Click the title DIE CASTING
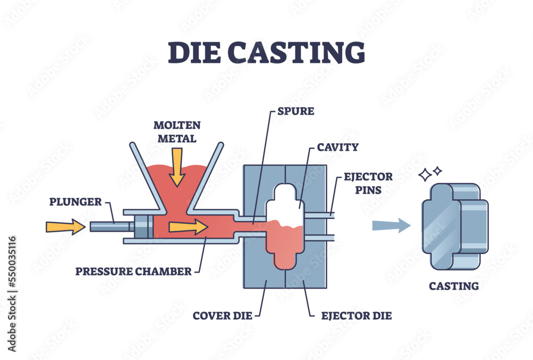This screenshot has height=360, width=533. tap(266, 53)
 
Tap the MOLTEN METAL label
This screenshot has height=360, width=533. tap(177, 132)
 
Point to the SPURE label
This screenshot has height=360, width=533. tap(296, 112)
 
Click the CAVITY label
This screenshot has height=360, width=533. tap(337, 146)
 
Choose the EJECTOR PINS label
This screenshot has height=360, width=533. tap(368, 182)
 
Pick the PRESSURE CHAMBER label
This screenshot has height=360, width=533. tap(133, 271)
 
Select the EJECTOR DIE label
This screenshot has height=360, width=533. tap(357, 316)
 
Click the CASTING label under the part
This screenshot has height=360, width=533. tap(454, 286)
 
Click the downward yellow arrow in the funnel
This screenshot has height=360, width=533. tap(177, 166)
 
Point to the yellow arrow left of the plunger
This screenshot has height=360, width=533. tap(65, 227)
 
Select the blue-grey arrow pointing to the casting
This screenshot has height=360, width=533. tap(391, 226)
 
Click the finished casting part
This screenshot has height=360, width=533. tap(454, 225)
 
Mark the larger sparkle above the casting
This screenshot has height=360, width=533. tap(425, 175)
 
